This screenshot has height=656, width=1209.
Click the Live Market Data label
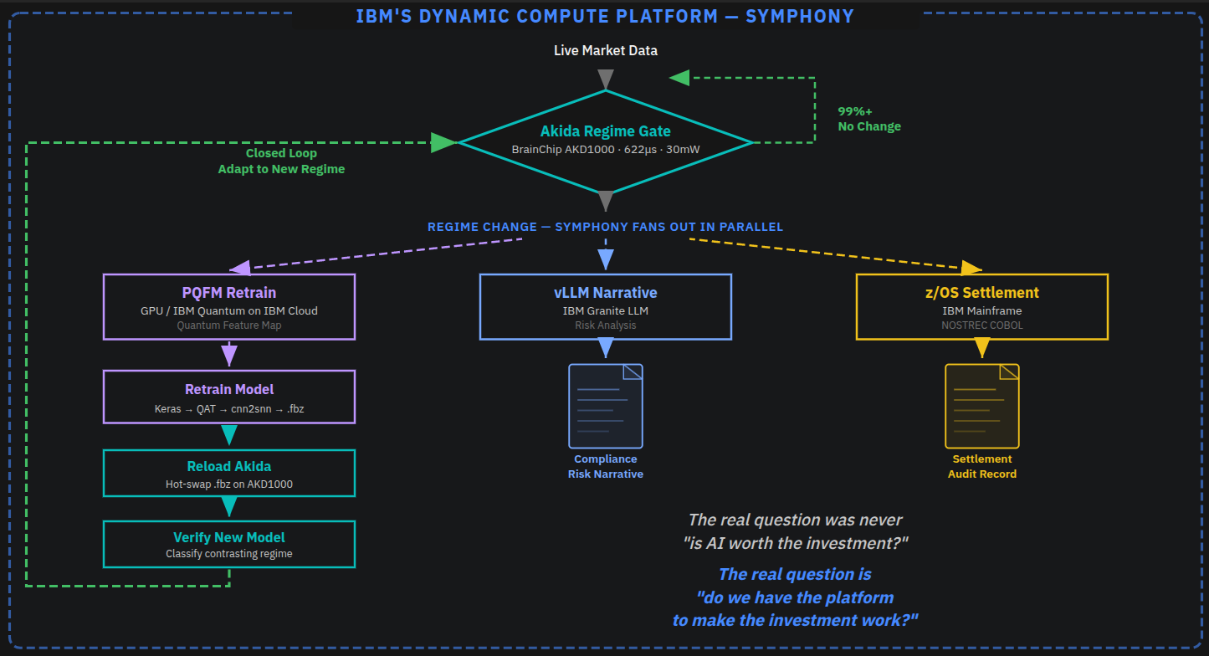click(x=605, y=51)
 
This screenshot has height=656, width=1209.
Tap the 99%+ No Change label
click(x=869, y=119)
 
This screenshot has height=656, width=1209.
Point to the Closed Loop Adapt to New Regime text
click(x=281, y=161)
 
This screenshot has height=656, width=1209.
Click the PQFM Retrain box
click(x=228, y=306)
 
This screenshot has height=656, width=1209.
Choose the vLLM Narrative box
click(x=605, y=306)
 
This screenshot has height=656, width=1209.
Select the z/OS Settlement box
click(x=981, y=306)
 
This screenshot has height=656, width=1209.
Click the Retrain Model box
click(x=228, y=397)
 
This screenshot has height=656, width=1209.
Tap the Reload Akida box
click(x=228, y=473)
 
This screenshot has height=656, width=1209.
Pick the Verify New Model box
click(x=228, y=544)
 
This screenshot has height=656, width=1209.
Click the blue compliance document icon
click(x=605, y=406)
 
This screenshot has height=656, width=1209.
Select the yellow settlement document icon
click(x=981, y=406)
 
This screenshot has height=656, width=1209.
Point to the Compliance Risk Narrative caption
click(x=605, y=466)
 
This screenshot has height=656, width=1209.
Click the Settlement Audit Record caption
click(x=981, y=466)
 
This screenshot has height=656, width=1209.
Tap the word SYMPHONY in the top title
click(x=799, y=16)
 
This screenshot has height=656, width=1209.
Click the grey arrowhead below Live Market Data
click(x=606, y=79)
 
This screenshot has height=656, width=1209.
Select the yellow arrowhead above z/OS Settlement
click(x=971, y=268)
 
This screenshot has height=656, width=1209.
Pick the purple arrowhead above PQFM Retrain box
click(x=240, y=268)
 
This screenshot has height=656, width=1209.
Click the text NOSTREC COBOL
click(x=981, y=325)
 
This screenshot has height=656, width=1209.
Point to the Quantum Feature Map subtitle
click(x=228, y=325)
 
